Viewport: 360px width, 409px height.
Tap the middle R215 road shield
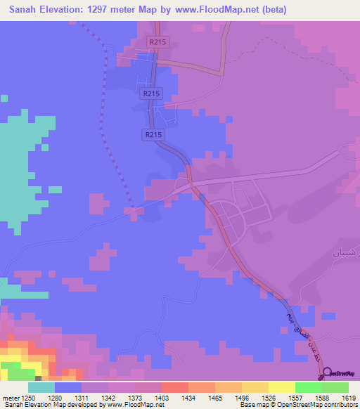[151, 93]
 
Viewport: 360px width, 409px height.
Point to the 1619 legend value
[350, 398]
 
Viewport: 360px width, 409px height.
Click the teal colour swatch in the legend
[41, 387]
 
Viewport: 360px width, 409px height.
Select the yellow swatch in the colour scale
[281, 387]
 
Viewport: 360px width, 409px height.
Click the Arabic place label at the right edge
[346, 251]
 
